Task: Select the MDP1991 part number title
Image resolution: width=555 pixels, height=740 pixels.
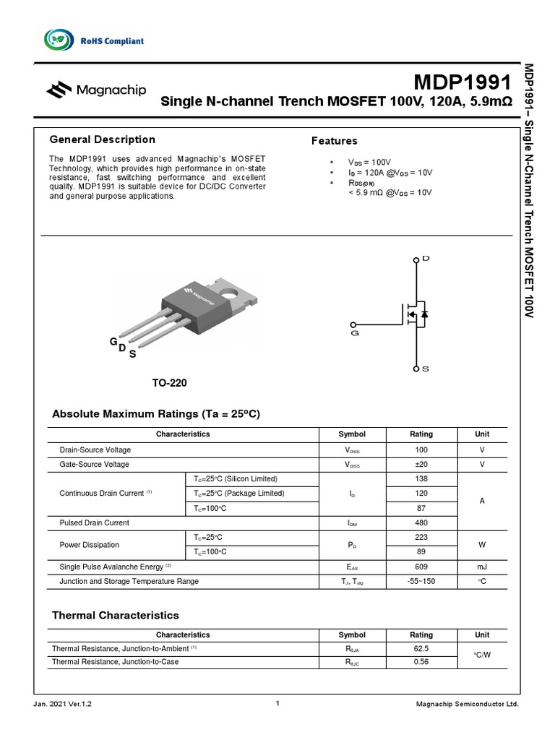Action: (462, 81)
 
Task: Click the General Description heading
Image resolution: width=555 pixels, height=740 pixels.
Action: (102, 139)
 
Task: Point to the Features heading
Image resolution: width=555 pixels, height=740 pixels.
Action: (334, 141)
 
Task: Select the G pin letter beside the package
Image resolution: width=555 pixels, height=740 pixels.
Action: (113, 340)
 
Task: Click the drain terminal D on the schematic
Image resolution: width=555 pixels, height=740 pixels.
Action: (417, 259)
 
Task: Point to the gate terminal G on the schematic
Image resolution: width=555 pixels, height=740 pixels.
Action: (353, 326)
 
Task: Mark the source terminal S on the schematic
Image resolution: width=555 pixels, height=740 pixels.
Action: (417, 369)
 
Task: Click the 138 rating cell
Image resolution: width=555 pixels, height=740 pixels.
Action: (421, 479)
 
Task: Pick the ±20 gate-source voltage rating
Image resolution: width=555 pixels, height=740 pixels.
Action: (421, 464)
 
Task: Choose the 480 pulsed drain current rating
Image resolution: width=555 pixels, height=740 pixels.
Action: (421, 522)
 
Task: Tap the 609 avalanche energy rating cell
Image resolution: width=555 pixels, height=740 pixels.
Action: (421, 566)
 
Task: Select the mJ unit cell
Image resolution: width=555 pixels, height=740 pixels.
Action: (482, 566)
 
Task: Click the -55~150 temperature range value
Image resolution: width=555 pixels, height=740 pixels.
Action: (421, 581)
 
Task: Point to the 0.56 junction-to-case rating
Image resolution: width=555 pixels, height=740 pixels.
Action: (421, 662)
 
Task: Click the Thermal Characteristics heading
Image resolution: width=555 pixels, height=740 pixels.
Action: (116, 616)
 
